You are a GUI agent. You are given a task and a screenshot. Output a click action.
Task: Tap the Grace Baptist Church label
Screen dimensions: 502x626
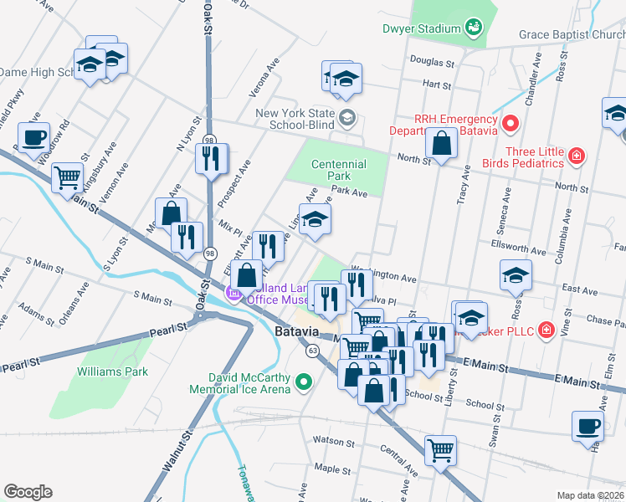[572, 35]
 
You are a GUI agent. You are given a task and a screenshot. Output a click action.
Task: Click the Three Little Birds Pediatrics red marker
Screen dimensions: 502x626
[576, 156]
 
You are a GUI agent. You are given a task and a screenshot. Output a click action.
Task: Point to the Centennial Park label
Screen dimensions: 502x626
[338, 171]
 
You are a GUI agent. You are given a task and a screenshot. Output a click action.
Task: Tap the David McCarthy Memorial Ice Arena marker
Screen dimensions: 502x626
[305, 384]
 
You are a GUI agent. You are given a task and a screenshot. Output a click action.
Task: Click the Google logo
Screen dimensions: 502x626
[28, 491]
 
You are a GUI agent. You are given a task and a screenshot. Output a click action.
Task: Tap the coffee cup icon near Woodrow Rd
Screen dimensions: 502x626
[33, 136]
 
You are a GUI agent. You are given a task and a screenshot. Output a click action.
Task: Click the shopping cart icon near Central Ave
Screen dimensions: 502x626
[440, 450]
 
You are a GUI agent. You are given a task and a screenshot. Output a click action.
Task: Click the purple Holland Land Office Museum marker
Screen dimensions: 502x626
[234, 293]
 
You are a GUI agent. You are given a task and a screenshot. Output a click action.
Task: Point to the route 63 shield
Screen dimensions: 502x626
[312, 350]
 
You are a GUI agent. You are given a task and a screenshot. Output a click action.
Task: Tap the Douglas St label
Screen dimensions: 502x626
[431, 63]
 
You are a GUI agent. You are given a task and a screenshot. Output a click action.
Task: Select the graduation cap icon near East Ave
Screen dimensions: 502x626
[516, 274]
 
